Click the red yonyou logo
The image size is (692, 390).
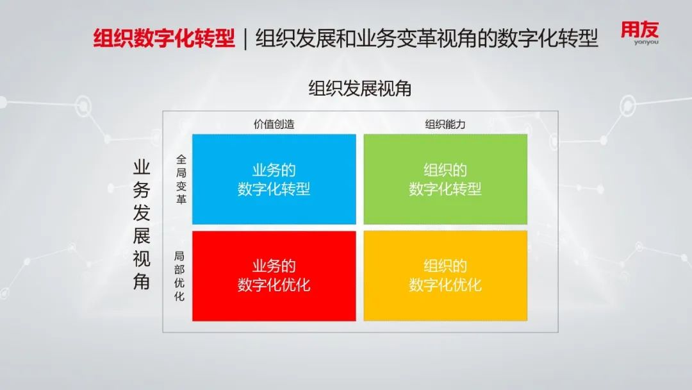[x=640, y=33]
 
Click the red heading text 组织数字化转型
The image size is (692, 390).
[x=164, y=38]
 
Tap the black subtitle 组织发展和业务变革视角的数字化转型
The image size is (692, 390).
[x=427, y=38]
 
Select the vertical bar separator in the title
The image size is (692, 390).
[x=245, y=38]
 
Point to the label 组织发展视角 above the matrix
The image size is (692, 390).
[x=359, y=89]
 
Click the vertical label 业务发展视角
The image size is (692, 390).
[x=142, y=225]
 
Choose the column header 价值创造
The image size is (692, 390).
[x=274, y=124]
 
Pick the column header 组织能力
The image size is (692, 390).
[x=445, y=124]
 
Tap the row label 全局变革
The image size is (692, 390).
[x=181, y=179]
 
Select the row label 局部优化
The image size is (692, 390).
[x=179, y=276]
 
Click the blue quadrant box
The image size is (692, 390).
[x=274, y=180]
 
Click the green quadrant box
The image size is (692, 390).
[x=445, y=180]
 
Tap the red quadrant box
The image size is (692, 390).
[x=274, y=276]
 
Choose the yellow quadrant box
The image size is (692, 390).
[x=445, y=276]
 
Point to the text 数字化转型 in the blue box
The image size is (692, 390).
[x=274, y=189]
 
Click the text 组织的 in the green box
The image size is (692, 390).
[x=445, y=170]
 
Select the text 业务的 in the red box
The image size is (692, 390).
[x=274, y=266]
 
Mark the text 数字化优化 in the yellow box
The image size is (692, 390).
[x=445, y=285]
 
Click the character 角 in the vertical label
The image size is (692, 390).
[x=142, y=282]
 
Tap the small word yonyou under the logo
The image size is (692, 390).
[x=646, y=42]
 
